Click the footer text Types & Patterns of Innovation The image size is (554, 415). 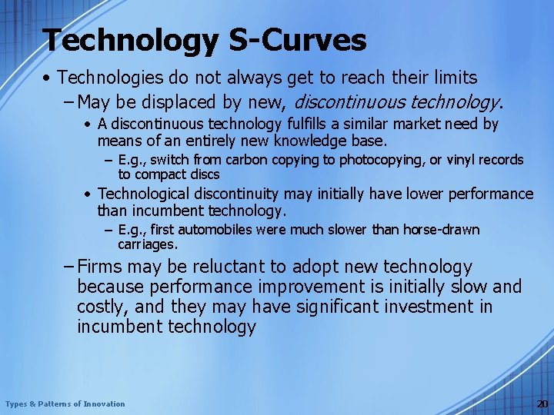(65, 403)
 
